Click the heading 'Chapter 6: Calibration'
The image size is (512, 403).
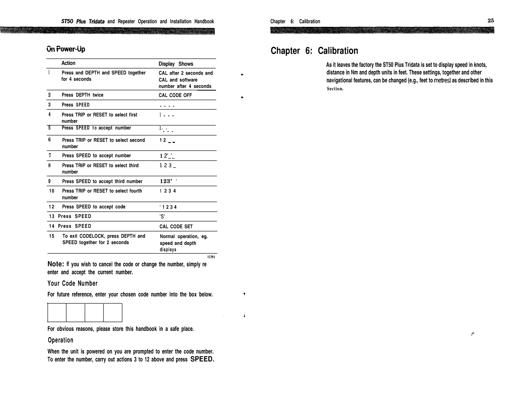(x=314, y=51)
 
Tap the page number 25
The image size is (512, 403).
(x=490, y=20)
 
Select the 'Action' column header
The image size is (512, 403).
(x=68, y=63)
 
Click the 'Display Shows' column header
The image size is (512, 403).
(x=176, y=64)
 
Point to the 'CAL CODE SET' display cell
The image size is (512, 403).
(x=176, y=226)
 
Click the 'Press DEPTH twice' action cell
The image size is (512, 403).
(x=82, y=95)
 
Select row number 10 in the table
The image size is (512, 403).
(x=52, y=191)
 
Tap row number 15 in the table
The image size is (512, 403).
(x=52, y=236)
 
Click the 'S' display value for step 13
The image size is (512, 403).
(x=163, y=216)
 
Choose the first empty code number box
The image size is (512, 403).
(x=57, y=313)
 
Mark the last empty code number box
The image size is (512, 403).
(x=113, y=313)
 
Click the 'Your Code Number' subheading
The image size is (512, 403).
(x=73, y=283)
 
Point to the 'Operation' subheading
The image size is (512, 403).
(x=60, y=340)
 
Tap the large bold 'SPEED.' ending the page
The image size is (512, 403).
(x=202, y=359)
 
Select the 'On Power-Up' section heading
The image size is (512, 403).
(x=66, y=49)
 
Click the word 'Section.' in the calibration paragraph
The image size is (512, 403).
(x=335, y=89)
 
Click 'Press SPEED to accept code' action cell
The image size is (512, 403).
(x=94, y=207)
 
